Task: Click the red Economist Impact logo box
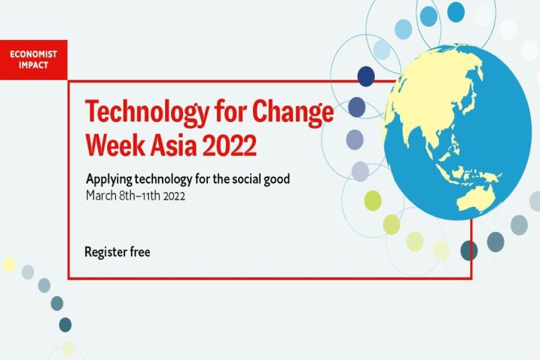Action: (x=33, y=59)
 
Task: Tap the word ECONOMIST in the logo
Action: (x=33, y=54)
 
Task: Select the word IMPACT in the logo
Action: (x=33, y=65)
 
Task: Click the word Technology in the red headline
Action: (x=147, y=112)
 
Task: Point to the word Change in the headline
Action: (x=293, y=111)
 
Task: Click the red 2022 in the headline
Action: (x=230, y=145)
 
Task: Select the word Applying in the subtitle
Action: (x=109, y=179)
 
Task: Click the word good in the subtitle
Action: (x=277, y=179)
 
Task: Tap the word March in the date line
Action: (x=101, y=196)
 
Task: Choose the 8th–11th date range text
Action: (x=139, y=196)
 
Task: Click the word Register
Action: (x=105, y=252)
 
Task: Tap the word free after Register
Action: (x=140, y=252)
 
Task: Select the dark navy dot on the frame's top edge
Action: (x=366, y=76)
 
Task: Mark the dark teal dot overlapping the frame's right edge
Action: (x=469, y=251)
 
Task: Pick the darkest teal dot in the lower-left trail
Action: (x=65, y=325)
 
